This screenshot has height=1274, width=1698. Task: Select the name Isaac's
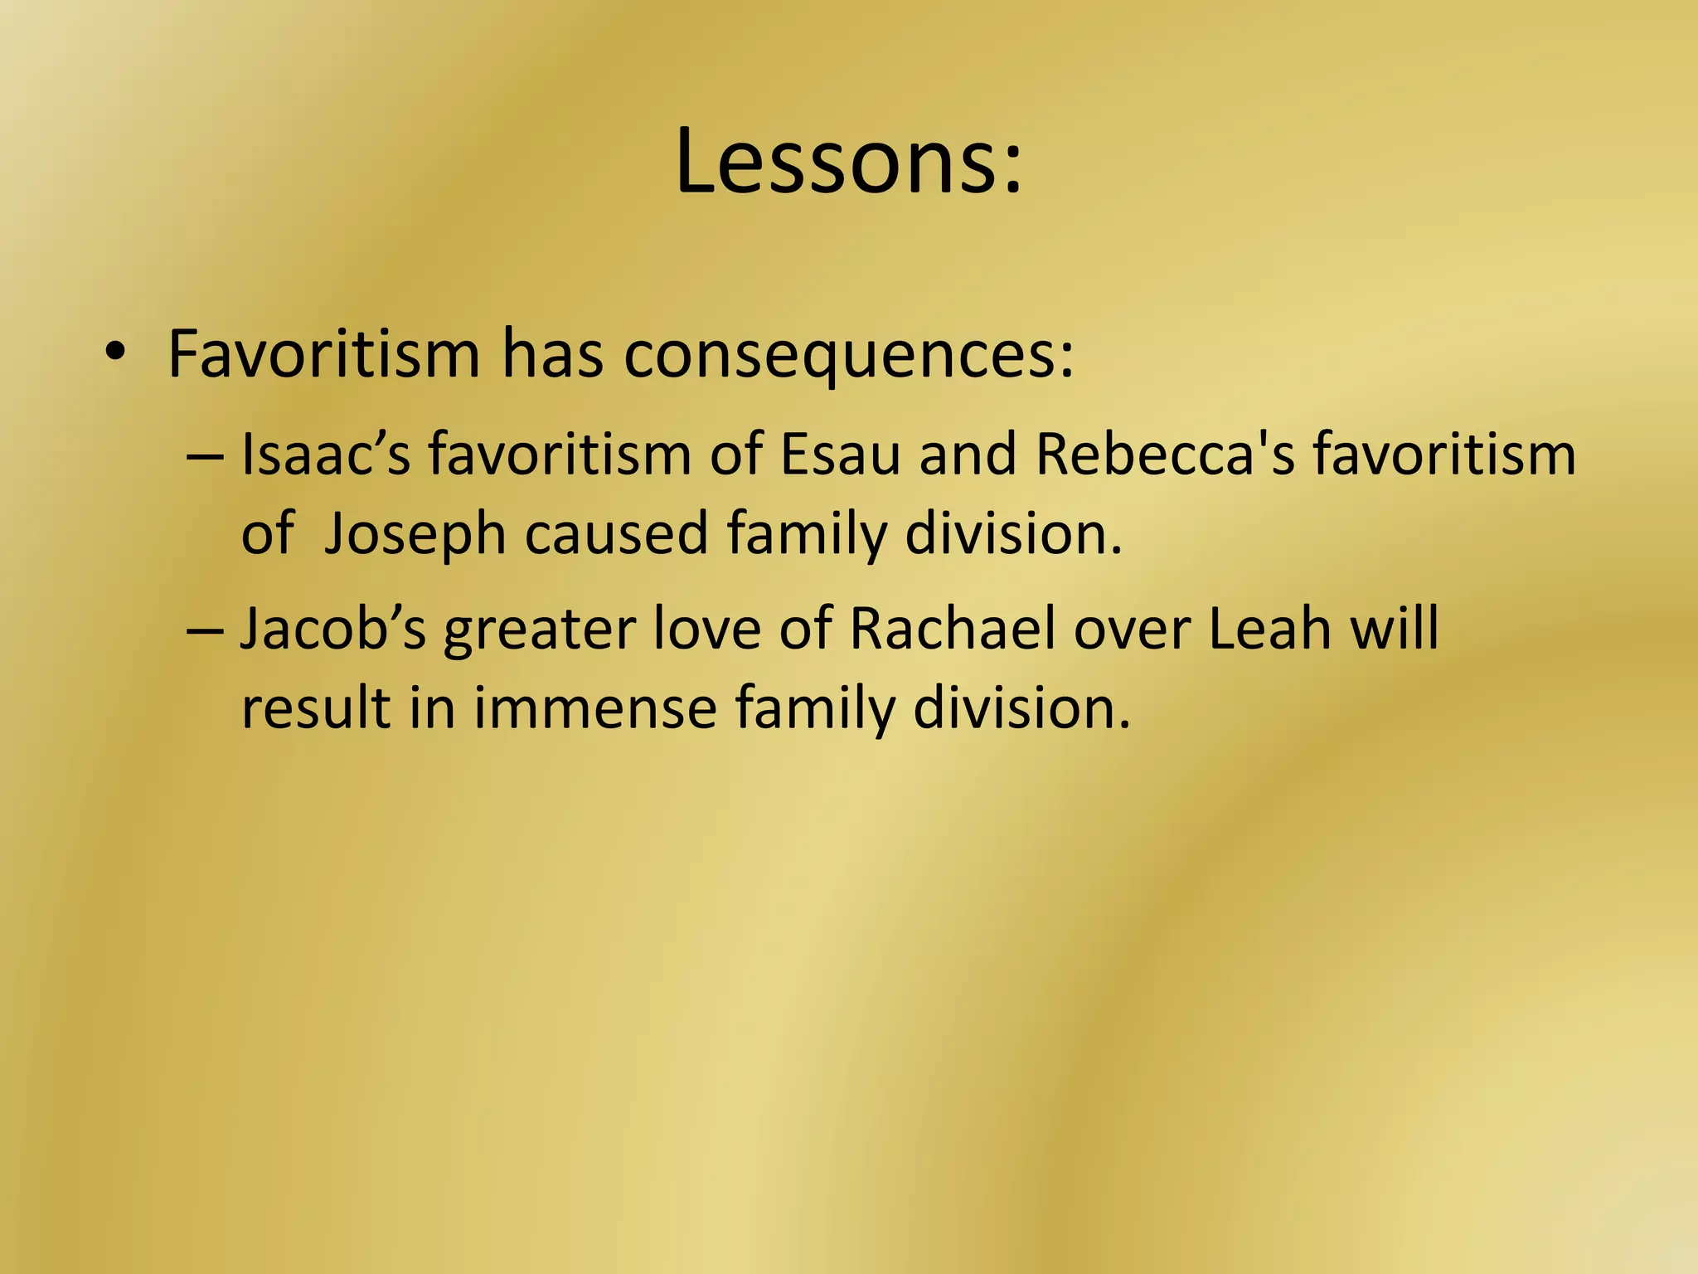(x=325, y=455)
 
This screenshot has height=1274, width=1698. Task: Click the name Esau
(x=841, y=455)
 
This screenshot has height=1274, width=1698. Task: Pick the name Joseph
(x=415, y=534)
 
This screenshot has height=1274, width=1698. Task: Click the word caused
(x=616, y=534)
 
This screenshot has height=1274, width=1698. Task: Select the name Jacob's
(x=333, y=629)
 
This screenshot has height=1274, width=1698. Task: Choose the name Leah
(x=1269, y=629)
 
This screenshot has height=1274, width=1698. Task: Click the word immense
(x=594, y=708)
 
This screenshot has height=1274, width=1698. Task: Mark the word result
(x=315, y=708)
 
